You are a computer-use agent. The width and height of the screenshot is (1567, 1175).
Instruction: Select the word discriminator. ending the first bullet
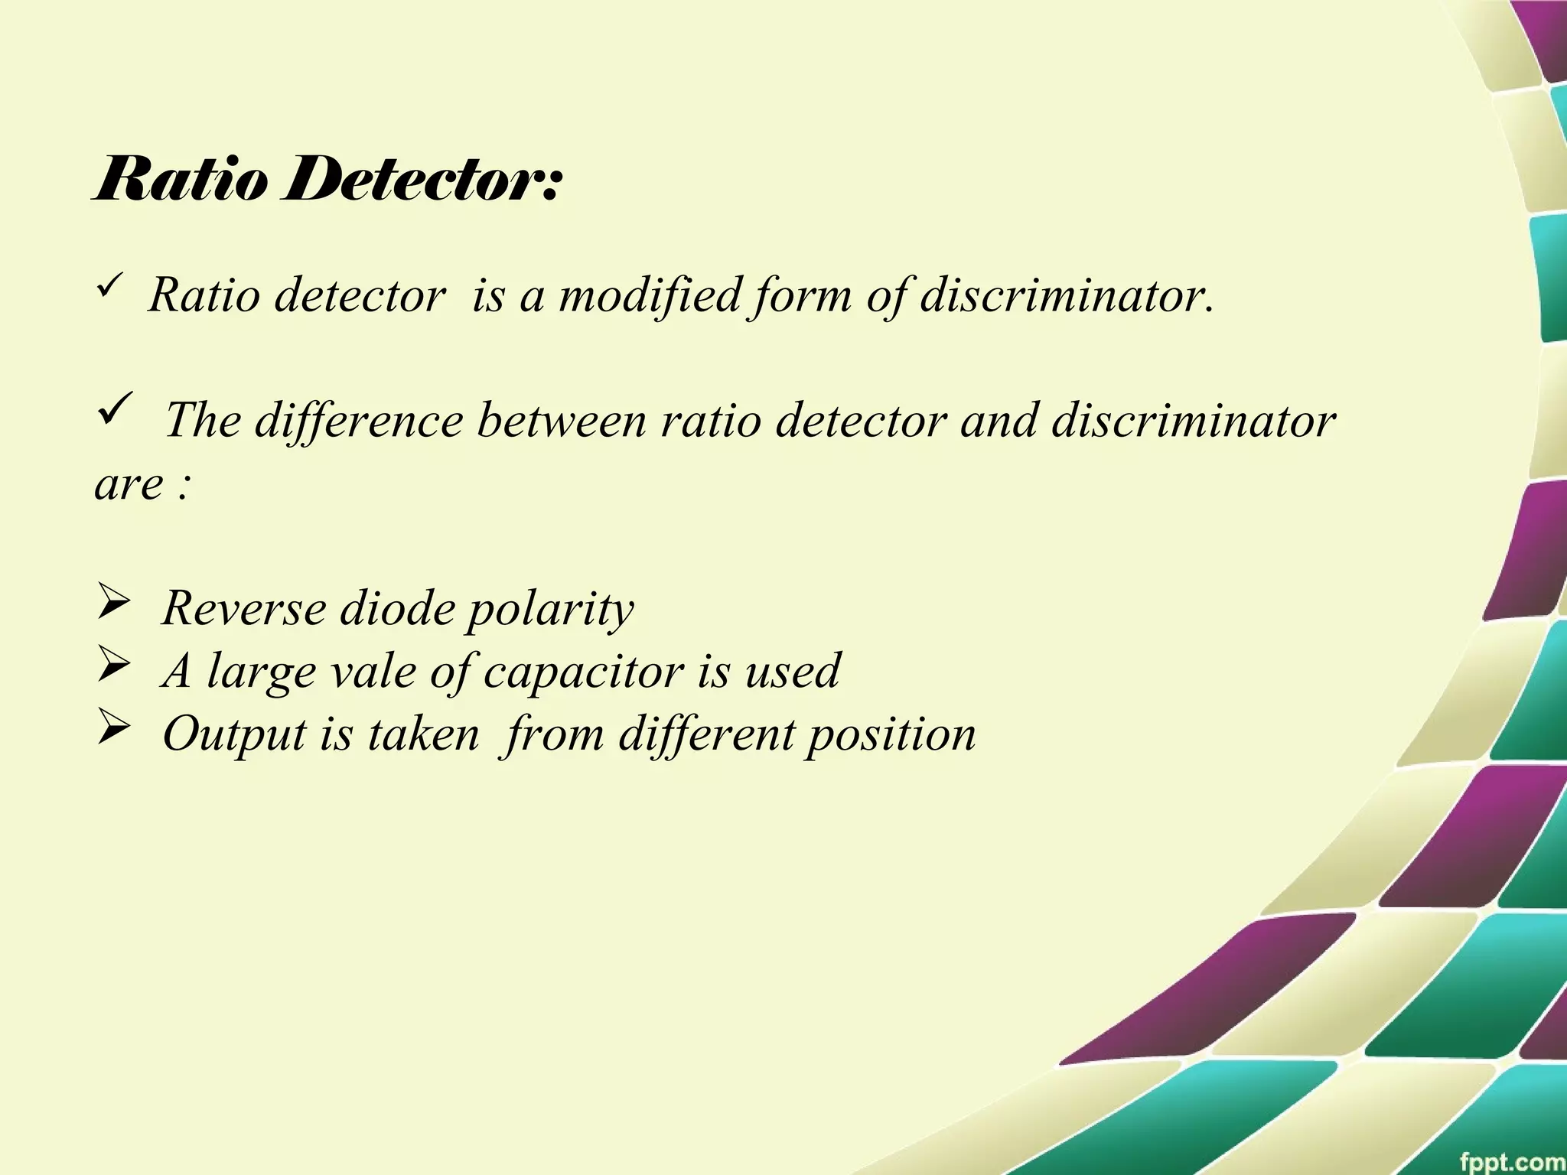pyautogui.click(x=1067, y=295)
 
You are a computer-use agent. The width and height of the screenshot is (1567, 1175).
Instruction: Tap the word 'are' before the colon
pyautogui.click(x=129, y=483)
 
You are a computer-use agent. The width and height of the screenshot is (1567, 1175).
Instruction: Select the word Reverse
pyautogui.click(x=244, y=608)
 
